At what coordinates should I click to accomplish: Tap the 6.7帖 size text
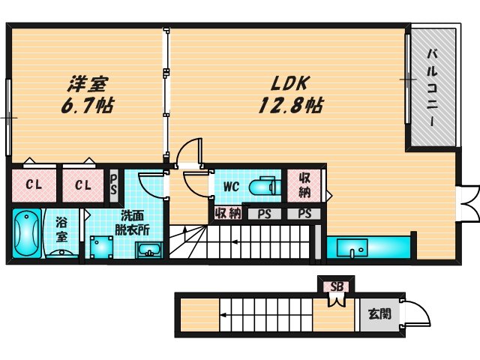pyautogui.click(x=88, y=106)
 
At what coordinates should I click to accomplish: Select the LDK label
pyautogui.click(x=283, y=82)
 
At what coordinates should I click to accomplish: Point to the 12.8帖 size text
pyautogui.click(x=291, y=105)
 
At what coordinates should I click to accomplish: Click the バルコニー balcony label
pyautogui.click(x=433, y=87)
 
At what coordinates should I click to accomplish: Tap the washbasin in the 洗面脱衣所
pyautogui.click(x=148, y=249)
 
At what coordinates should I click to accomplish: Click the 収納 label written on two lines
pyautogui.click(x=305, y=185)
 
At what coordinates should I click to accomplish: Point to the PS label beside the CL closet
pyautogui.click(x=114, y=184)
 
